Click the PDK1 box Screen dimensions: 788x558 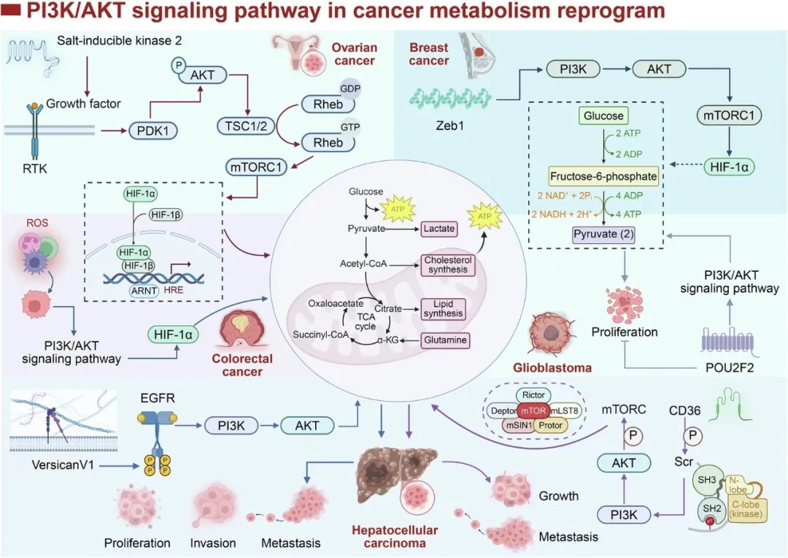click(x=153, y=131)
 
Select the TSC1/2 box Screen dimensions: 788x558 click(x=246, y=126)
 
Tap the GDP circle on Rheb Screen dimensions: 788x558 click(x=350, y=88)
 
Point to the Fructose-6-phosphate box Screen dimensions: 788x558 click(x=603, y=176)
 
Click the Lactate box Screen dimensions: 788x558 click(x=439, y=229)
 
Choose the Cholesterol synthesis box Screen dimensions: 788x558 click(x=448, y=264)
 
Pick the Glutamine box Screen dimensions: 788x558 click(x=445, y=340)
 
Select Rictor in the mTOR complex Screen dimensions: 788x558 click(x=533, y=395)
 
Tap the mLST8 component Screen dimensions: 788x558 click(x=564, y=410)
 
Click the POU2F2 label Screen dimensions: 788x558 click(x=730, y=368)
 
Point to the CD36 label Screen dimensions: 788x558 click(x=684, y=410)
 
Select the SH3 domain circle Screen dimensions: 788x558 click(x=706, y=480)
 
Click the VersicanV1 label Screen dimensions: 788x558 click(x=63, y=465)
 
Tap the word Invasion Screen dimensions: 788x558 click(x=213, y=543)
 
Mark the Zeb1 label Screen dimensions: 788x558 click(x=449, y=126)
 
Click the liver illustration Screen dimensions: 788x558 click(x=395, y=474)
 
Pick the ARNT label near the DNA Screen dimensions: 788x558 click(x=144, y=291)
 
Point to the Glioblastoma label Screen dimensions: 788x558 click(x=552, y=368)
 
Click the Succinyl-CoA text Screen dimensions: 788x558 click(x=320, y=335)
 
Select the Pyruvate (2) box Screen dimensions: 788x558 click(x=603, y=234)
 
